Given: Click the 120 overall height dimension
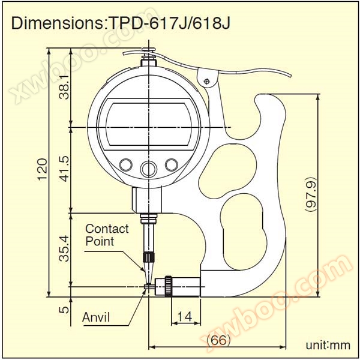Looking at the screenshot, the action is [x=43, y=169].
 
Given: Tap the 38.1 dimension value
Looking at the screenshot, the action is [x=64, y=87].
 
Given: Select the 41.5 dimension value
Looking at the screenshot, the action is [x=64, y=169].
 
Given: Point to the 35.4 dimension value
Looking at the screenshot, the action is [x=64, y=248].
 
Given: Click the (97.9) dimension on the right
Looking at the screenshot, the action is [x=311, y=194].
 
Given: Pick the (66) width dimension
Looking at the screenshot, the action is [x=218, y=340].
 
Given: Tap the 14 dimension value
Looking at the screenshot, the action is [x=185, y=317].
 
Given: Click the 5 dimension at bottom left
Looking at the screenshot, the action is [x=64, y=310].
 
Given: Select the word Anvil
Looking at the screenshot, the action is [x=96, y=317].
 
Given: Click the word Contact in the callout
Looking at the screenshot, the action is [x=107, y=229].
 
